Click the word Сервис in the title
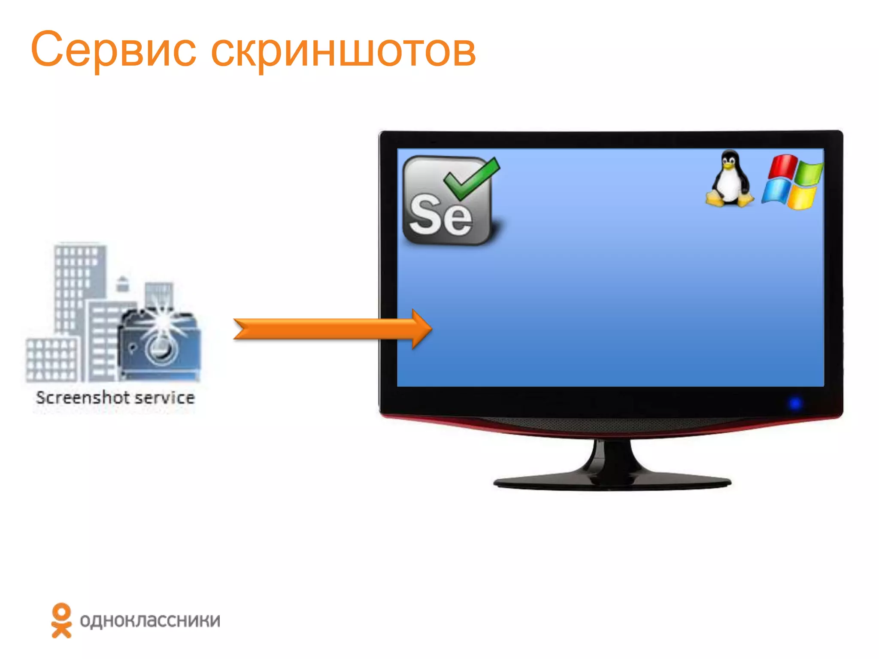tap(113, 51)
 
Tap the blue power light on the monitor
tap(795, 403)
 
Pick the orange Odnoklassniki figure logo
tap(61, 620)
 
